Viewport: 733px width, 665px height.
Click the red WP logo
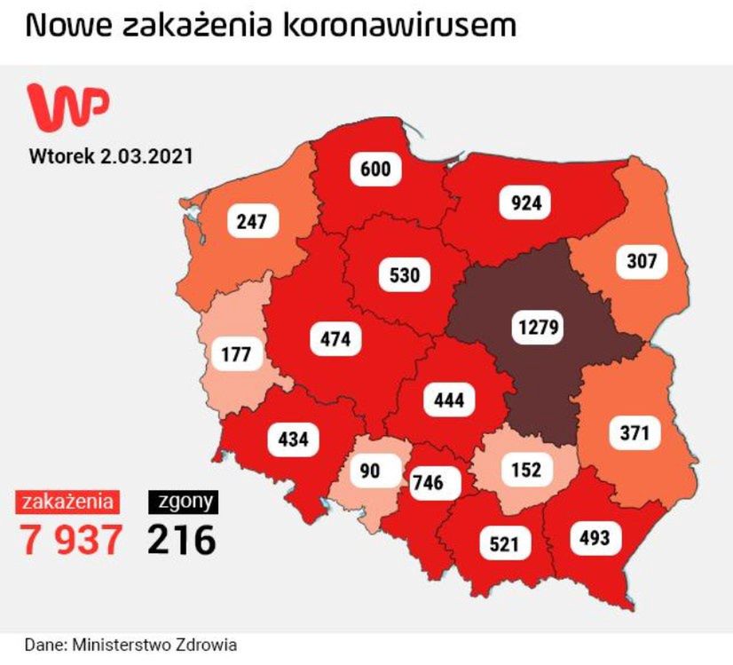(69, 106)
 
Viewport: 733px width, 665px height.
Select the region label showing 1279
(538, 328)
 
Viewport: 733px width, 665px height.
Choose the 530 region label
(404, 275)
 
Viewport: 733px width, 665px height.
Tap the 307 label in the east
(641, 261)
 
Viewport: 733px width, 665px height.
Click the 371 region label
(635, 433)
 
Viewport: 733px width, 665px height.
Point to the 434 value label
(293, 439)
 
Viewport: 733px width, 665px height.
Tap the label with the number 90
(370, 470)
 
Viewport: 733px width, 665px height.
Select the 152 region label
(525, 470)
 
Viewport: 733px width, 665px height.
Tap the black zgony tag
(184, 502)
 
